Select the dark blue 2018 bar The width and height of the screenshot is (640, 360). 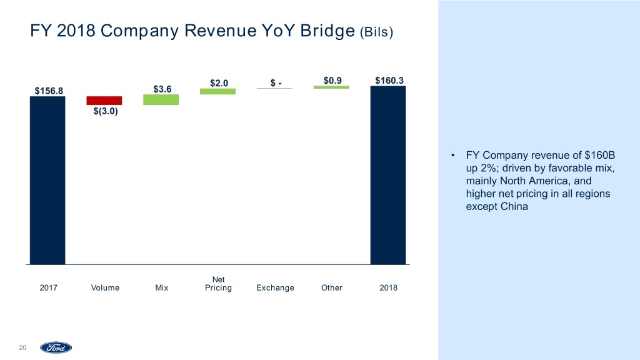(x=388, y=175)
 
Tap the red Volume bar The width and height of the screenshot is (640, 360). (x=104, y=101)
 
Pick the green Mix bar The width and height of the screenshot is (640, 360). (x=161, y=100)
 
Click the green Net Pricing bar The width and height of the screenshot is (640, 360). (x=217, y=91)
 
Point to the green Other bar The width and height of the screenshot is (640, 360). (x=331, y=87)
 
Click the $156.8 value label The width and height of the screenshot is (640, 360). (x=48, y=90)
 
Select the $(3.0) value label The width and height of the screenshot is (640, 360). (x=104, y=112)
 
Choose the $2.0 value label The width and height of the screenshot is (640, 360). (x=219, y=82)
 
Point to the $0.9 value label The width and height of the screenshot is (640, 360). (x=332, y=79)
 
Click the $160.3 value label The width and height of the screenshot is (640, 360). (x=389, y=79)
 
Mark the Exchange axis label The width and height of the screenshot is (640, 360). (x=275, y=288)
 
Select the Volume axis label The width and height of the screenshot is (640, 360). (x=105, y=288)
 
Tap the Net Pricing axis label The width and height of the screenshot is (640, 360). (x=219, y=284)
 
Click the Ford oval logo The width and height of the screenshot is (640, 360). (x=56, y=347)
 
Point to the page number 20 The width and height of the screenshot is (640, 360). (x=23, y=347)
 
